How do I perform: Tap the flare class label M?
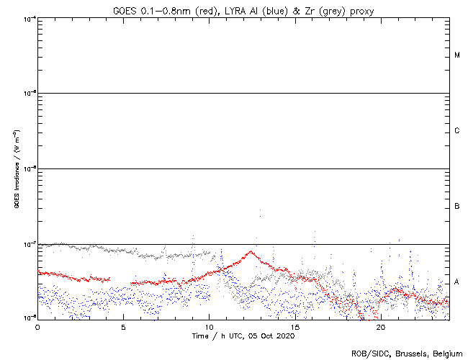(457, 55)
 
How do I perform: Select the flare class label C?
(457, 131)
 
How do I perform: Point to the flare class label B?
(457, 207)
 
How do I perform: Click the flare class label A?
(457, 282)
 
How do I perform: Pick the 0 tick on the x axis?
(37, 326)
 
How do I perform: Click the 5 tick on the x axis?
(123, 326)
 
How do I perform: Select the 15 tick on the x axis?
(295, 326)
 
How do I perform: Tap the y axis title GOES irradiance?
(16, 169)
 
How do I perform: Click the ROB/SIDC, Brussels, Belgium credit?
(406, 353)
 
